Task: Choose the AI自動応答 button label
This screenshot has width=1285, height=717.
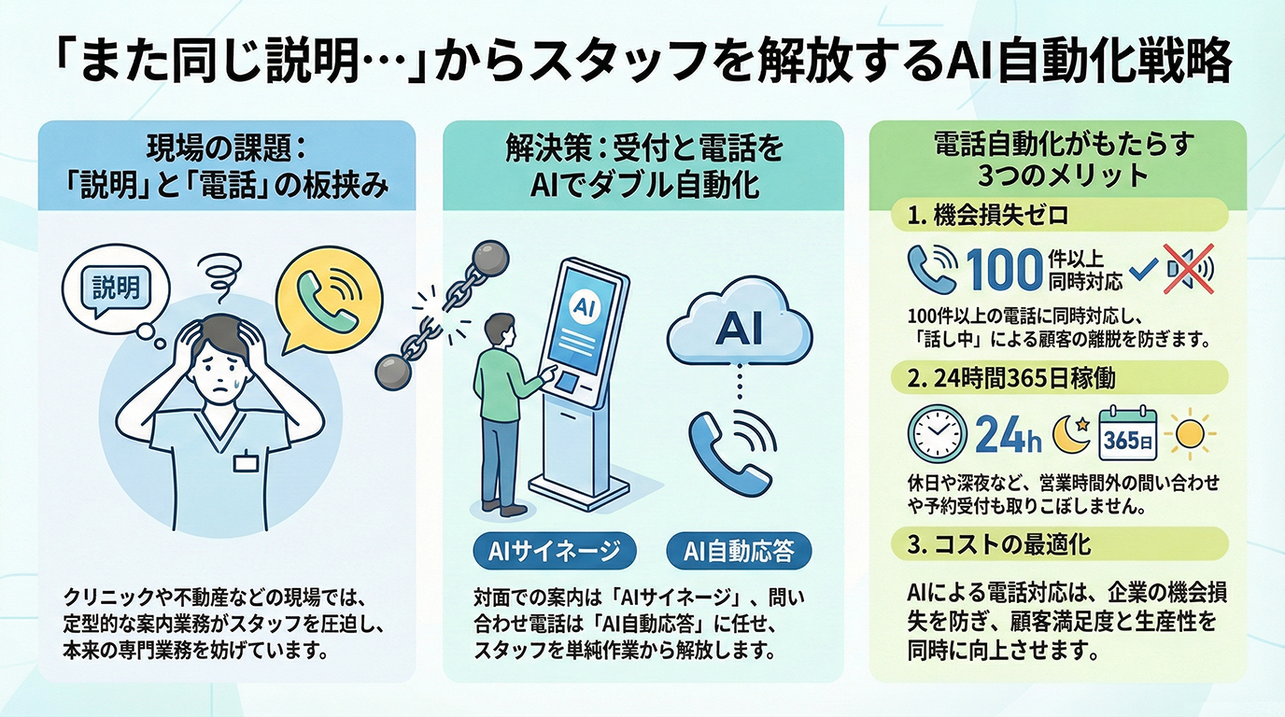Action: tap(739, 551)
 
